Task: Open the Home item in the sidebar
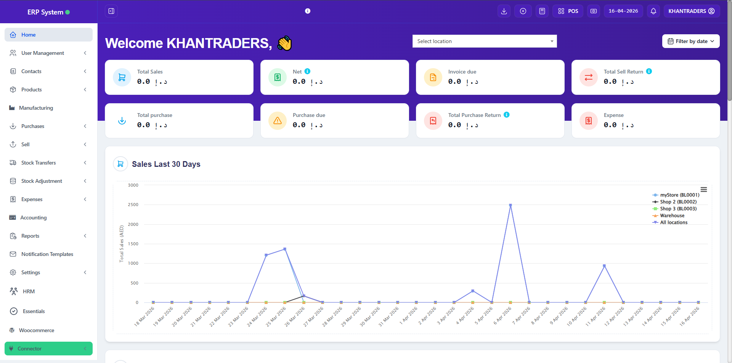point(28,35)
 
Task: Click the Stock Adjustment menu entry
point(42,181)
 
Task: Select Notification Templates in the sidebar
point(47,254)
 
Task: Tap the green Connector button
point(48,349)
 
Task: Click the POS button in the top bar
point(568,11)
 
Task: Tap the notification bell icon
point(653,11)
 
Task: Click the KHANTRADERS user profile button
point(691,11)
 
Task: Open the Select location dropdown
point(484,41)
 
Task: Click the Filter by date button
point(690,41)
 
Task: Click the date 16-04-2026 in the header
point(623,11)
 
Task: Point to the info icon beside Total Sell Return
point(649,71)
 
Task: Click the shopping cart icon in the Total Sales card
point(122,77)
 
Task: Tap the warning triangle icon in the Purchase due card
point(278,121)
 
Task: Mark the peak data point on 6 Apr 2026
point(510,205)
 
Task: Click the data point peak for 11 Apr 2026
point(604,266)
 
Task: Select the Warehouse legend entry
point(672,216)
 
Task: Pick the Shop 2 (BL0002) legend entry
point(678,202)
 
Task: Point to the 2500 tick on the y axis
point(133,205)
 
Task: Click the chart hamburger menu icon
point(704,190)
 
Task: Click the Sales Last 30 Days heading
point(166,164)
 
